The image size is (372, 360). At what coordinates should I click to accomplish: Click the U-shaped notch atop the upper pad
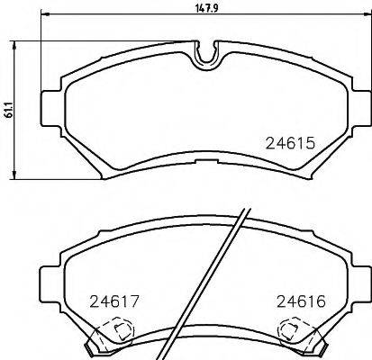[x=206, y=55]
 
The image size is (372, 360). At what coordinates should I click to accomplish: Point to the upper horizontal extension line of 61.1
[x=36, y=41]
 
